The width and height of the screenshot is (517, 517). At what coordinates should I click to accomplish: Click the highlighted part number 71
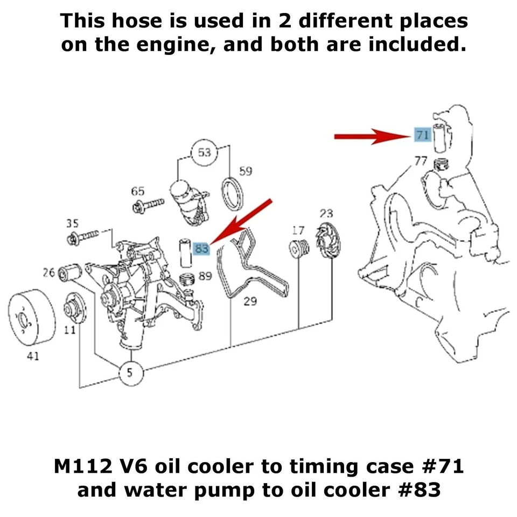click(x=422, y=135)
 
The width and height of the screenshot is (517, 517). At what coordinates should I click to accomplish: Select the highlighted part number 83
click(x=202, y=248)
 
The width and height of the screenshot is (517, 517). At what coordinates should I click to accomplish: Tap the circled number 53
click(x=205, y=153)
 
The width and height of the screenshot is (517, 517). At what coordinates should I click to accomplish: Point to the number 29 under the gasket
click(x=250, y=301)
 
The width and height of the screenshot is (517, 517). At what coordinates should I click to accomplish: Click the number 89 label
click(x=205, y=276)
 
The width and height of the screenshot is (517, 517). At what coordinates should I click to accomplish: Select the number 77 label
click(x=421, y=160)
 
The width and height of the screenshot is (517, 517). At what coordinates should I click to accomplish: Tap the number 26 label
click(x=49, y=273)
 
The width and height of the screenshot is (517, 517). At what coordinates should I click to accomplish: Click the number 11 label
click(x=69, y=330)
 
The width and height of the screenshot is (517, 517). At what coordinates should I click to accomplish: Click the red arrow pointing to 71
click(x=372, y=137)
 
